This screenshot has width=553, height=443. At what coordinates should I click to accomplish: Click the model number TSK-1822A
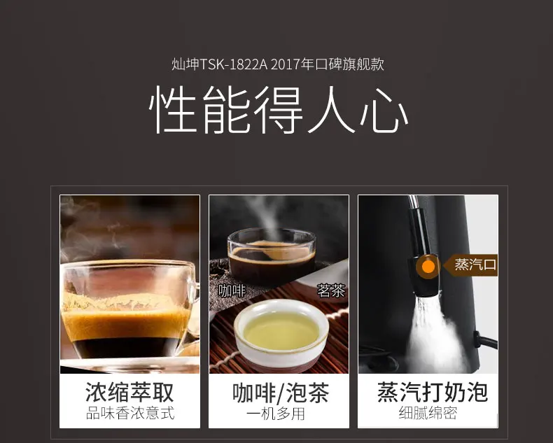tap(234, 64)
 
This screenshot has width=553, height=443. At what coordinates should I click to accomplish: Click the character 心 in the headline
tap(384, 110)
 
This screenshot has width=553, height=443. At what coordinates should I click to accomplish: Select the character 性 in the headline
tap(174, 110)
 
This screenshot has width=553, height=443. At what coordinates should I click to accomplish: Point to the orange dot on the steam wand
tap(428, 267)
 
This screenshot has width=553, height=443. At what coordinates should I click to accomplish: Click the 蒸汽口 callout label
tap(475, 265)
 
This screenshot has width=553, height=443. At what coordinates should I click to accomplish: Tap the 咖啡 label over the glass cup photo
tap(232, 291)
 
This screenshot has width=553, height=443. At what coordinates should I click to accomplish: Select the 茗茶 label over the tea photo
tap(331, 291)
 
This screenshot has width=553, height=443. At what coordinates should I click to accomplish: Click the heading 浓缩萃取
tap(129, 391)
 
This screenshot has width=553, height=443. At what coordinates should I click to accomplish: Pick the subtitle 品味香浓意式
tap(129, 413)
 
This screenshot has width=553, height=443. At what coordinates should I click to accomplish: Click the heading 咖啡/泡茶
tap(281, 393)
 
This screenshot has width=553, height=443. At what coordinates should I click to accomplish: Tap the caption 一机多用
tap(275, 414)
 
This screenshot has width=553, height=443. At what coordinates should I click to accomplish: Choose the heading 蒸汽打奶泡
tap(433, 391)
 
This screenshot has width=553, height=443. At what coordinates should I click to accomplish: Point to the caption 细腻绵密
tap(428, 413)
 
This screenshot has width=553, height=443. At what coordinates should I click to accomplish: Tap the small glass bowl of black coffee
tap(271, 257)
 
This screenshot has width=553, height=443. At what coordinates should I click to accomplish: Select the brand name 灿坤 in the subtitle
tap(185, 64)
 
